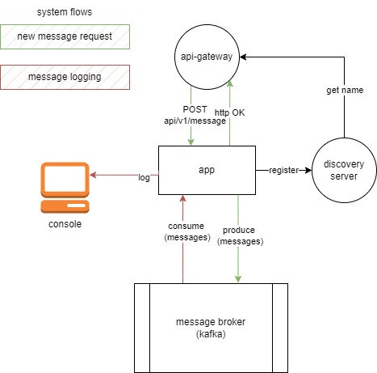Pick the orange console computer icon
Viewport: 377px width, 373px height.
(x=65, y=187)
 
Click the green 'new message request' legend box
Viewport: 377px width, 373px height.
(x=65, y=37)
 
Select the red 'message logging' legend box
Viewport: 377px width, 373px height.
(x=65, y=77)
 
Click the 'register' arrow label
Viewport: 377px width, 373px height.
(x=283, y=171)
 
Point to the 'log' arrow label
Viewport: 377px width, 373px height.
(x=144, y=176)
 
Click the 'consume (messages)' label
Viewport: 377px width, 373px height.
(x=186, y=231)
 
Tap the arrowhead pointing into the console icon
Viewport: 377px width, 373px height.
(x=93, y=173)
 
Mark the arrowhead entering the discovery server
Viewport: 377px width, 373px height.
(x=308, y=171)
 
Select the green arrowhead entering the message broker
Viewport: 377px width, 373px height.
(x=237, y=279)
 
